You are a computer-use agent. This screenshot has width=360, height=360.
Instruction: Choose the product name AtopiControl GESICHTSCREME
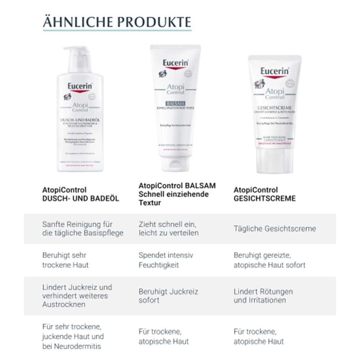(x=265, y=194)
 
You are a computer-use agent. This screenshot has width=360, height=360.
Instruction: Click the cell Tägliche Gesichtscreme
(x=274, y=229)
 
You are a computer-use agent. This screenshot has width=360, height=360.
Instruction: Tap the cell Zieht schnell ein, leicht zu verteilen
(x=168, y=229)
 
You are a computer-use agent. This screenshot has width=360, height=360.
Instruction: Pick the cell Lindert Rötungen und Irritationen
(x=263, y=296)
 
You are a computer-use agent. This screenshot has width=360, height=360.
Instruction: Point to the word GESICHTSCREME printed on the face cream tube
(x=274, y=108)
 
